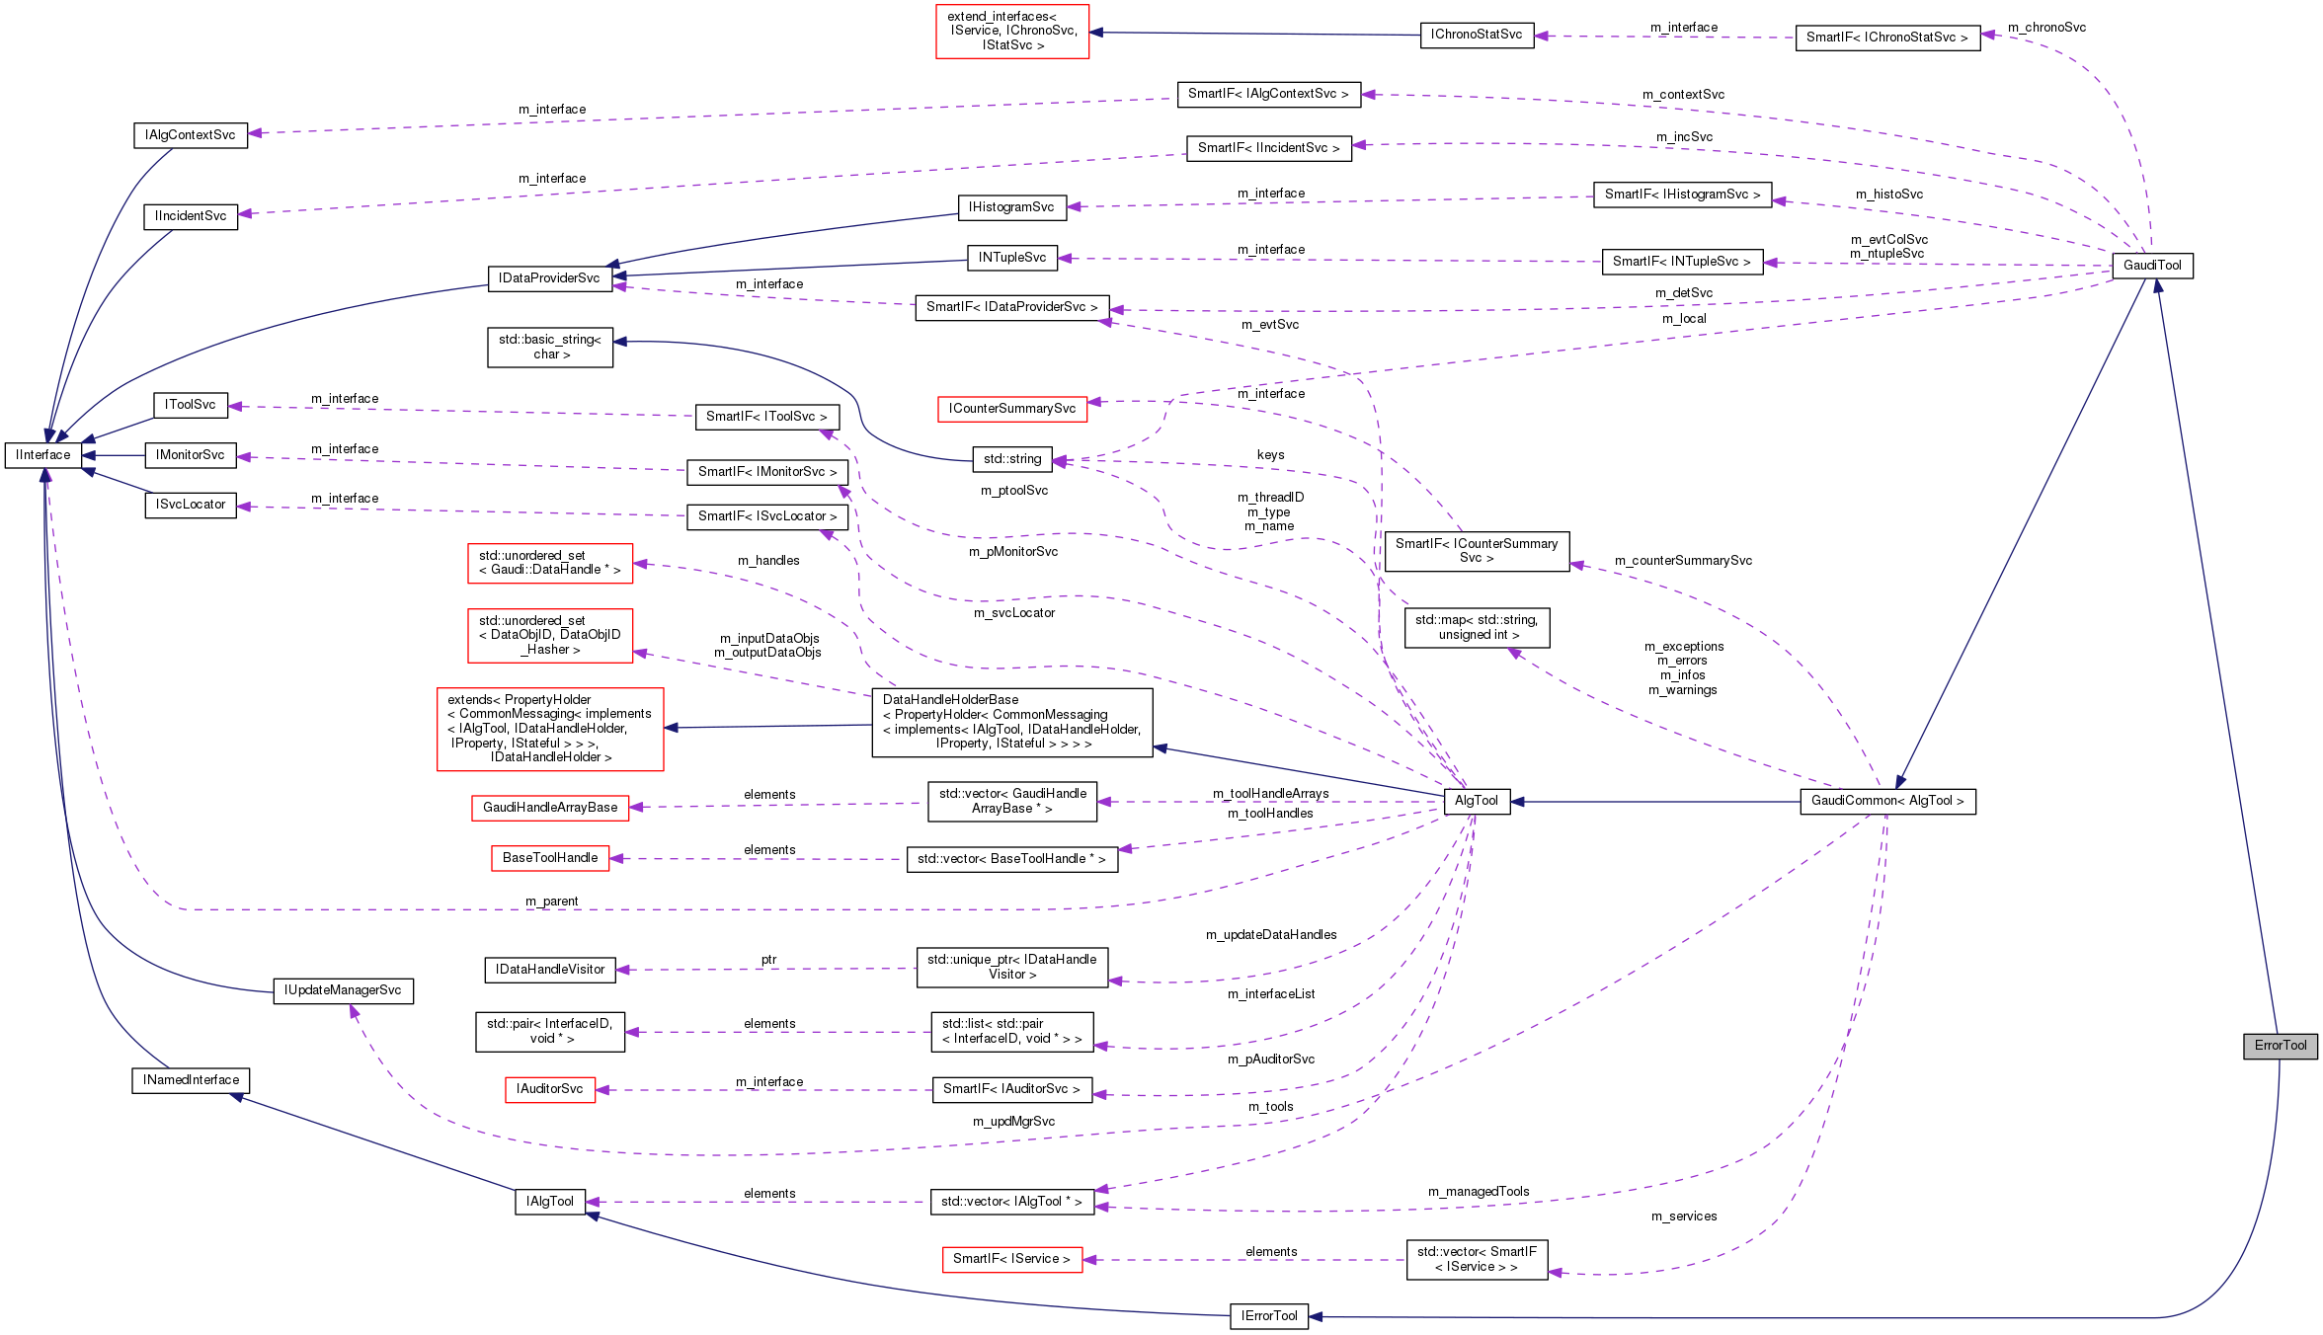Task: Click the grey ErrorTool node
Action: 2280,1046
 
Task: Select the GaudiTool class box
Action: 2152,266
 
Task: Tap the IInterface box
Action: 43,455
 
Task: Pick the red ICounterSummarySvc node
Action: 1011,409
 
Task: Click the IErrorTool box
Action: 1268,1316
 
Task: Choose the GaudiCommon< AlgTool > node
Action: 1886,801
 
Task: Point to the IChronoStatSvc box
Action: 1476,35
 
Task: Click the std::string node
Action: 1011,459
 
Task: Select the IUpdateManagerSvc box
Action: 343,990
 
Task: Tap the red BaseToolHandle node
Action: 549,858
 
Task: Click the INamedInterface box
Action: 191,1080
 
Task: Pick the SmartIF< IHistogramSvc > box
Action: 1681,195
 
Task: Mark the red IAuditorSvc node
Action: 549,1089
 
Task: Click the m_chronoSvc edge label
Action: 2046,28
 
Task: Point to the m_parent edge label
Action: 551,902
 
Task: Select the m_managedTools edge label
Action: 1478,1192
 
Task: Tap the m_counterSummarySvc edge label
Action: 1683,561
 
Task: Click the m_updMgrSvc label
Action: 1013,1122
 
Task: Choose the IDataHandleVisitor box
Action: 549,970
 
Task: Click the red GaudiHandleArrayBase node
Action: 549,808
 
